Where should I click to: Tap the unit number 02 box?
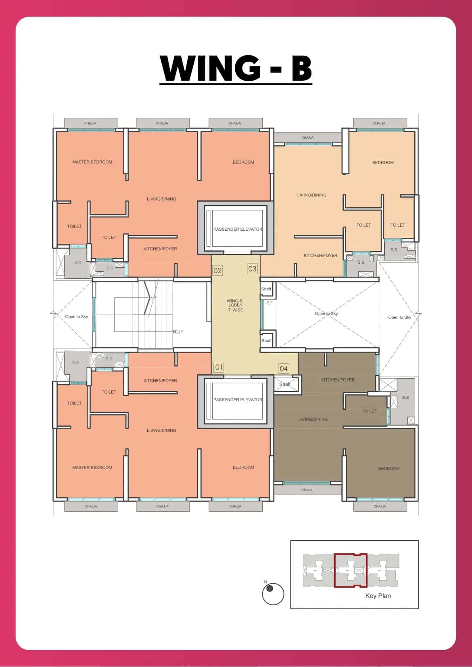[x=217, y=270]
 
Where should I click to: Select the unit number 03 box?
[x=252, y=269]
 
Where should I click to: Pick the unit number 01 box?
[x=219, y=367]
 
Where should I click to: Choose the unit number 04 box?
[x=284, y=368]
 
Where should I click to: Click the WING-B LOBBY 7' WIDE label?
[x=235, y=305]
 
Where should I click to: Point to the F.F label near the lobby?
[x=269, y=303]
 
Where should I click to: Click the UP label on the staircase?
[x=180, y=331]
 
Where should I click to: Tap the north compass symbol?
[x=273, y=594]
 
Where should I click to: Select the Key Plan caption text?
[x=378, y=596]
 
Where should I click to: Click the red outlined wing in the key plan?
[x=350, y=570]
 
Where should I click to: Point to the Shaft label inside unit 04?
[x=285, y=384]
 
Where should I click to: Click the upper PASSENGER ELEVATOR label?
[x=238, y=229]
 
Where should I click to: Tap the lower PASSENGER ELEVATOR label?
[x=238, y=400]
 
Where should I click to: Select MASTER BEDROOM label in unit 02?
[x=92, y=162]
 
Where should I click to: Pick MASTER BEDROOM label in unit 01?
[x=92, y=467]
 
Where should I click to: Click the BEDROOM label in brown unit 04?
[x=389, y=468]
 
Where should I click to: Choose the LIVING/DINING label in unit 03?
[x=312, y=195]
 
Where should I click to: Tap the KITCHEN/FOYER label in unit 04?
[x=338, y=380]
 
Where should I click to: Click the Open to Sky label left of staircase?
[x=76, y=317]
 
